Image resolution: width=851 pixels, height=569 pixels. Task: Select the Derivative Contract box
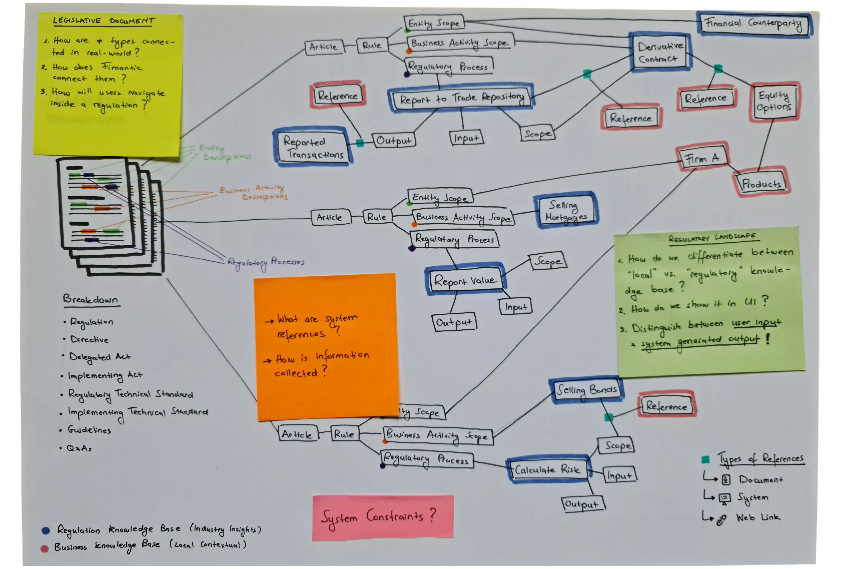pyautogui.click(x=660, y=52)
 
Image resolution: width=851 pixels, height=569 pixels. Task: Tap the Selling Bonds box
pyautogui.click(x=586, y=390)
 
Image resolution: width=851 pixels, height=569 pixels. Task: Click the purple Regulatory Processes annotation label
pyautogui.click(x=266, y=262)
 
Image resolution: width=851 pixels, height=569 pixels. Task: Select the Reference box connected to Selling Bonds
pyautogui.click(x=666, y=406)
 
